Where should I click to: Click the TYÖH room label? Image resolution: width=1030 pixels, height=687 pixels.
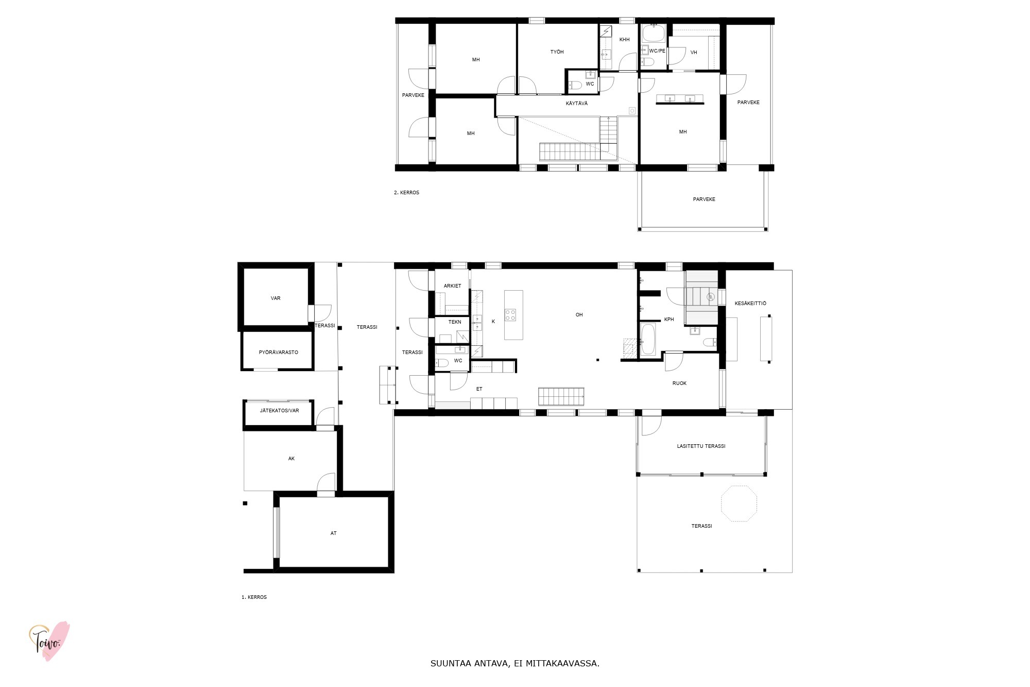[x=557, y=52]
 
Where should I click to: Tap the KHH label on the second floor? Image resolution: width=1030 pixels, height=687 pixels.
[x=624, y=40]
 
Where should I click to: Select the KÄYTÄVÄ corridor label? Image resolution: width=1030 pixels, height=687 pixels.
[x=576, y=104]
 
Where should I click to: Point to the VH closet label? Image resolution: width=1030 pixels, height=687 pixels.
[x=693, y=53]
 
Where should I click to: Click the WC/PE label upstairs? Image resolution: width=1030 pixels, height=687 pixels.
[x=657, y=51]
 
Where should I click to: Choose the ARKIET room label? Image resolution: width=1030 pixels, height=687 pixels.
[x=452, y=286]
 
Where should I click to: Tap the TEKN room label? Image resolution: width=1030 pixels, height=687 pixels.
[x=455, y=322]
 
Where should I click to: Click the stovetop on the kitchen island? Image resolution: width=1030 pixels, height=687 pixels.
[x=510, y=315]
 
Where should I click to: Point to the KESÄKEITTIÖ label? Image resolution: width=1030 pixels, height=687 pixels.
[x=750, y=304]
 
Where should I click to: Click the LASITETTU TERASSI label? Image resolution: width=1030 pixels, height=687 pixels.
[x=701, y=446]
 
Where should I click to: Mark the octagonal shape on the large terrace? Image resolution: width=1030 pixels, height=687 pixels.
[x=739, y=504]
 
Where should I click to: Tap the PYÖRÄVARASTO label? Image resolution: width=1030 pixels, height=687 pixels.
[x=278, y=353]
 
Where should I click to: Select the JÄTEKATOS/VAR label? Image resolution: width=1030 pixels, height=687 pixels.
[x=279, y=411]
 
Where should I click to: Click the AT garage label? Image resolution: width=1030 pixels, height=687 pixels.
[x=333, y=533]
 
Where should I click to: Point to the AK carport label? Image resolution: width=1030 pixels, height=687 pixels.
[x=291, y=459]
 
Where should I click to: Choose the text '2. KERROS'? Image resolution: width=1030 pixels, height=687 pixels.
[x=406, y=193]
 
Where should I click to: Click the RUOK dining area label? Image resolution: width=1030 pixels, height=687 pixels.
[x=679, y=383]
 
